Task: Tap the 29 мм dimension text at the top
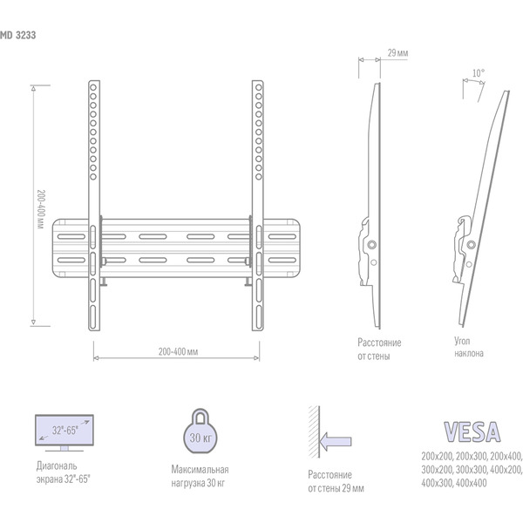point(397,53)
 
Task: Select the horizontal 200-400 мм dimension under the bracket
point(179,351)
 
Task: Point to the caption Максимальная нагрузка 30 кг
point(200,474)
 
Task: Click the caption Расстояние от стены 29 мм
point(336,482)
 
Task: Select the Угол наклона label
point(468,349)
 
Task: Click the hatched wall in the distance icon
point(311,433)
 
